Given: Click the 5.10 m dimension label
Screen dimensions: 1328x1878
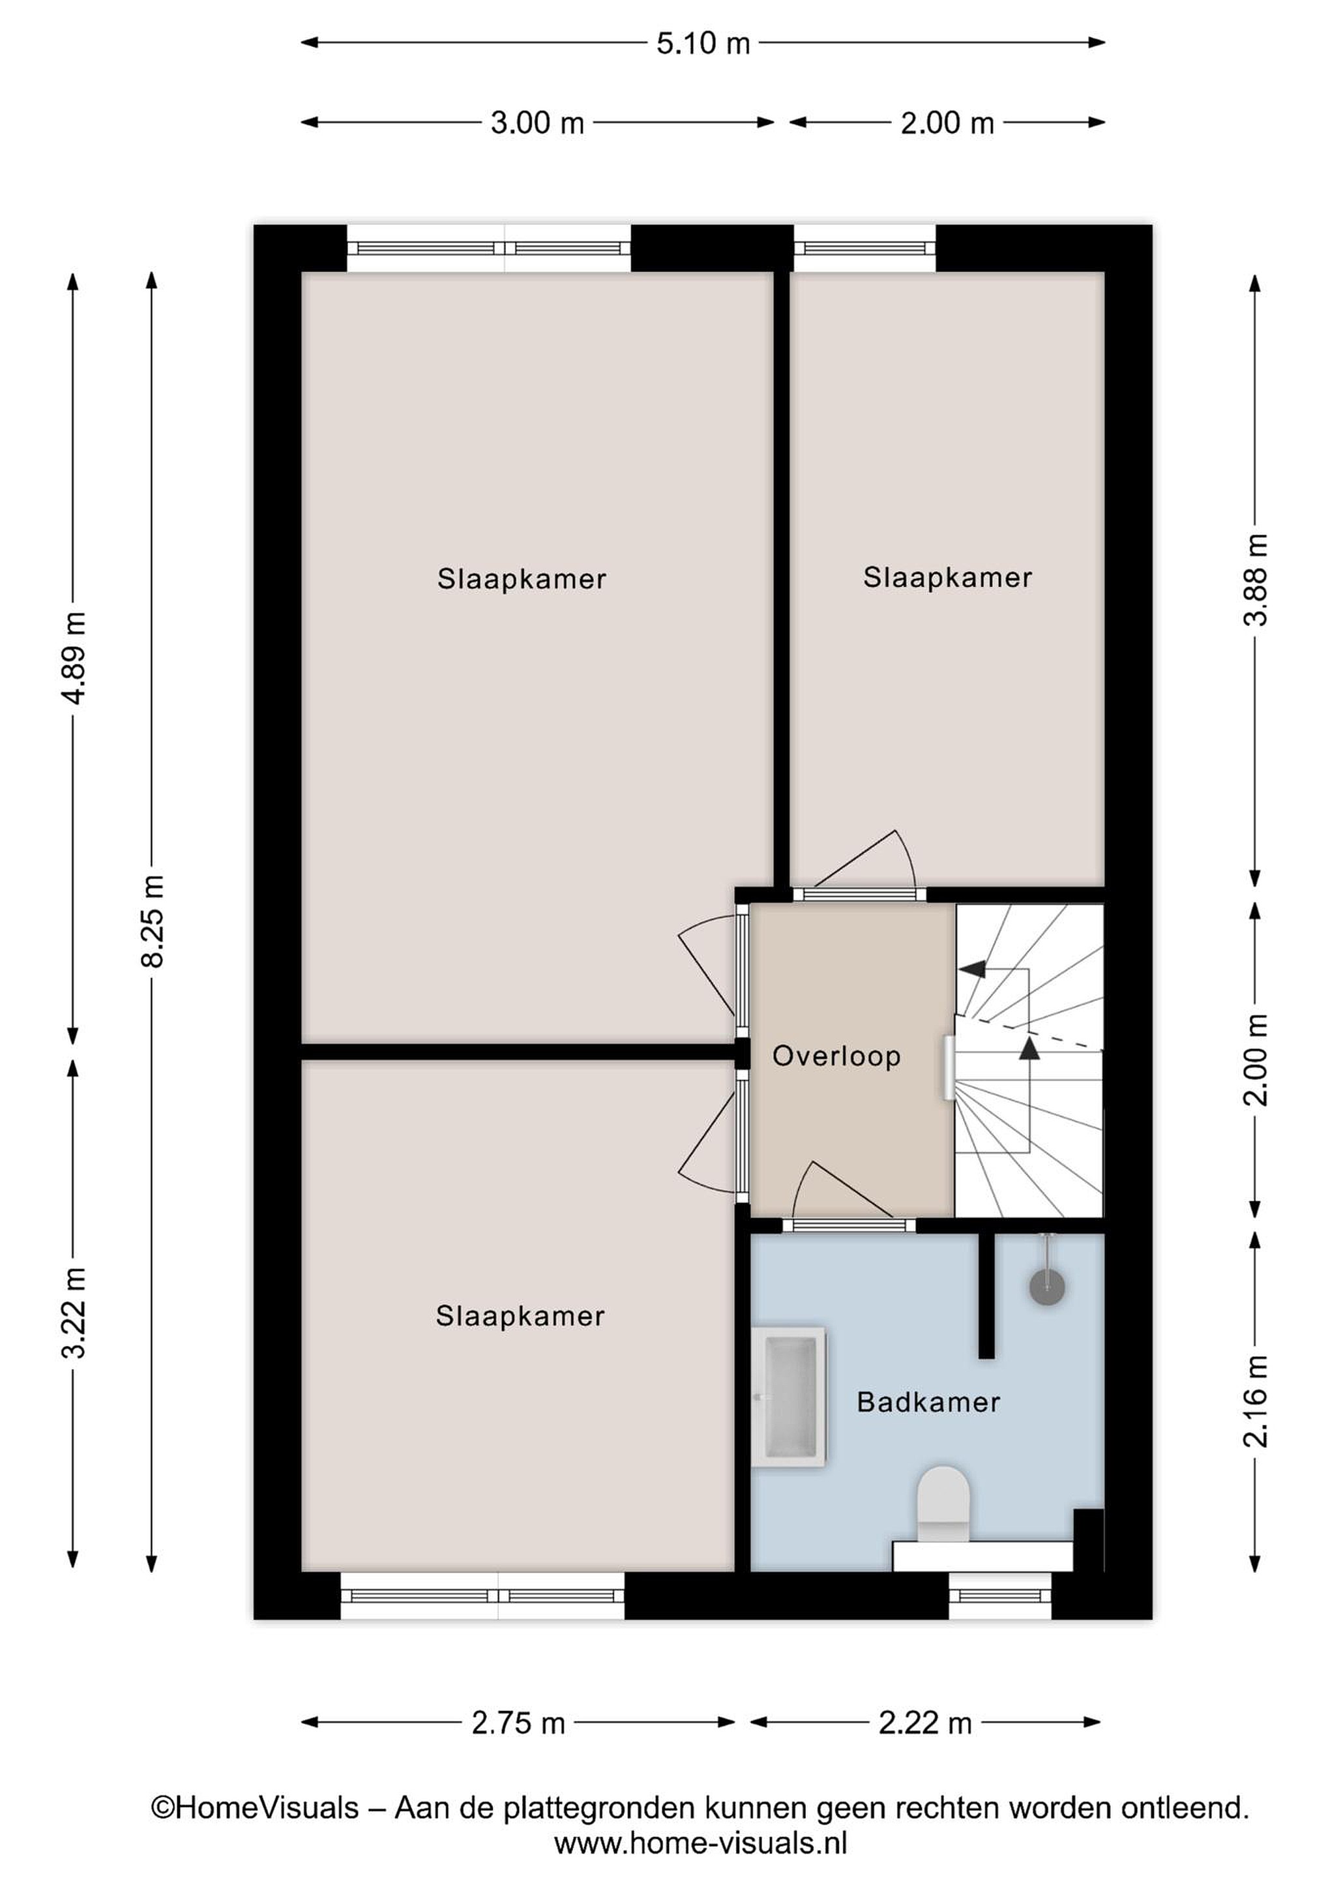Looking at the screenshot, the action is pos(702,42).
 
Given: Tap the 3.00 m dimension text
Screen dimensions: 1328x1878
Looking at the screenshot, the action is pos(537,123).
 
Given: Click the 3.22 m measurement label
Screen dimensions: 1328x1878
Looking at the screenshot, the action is pos(74,1313).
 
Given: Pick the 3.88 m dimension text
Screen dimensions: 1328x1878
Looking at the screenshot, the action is pos(1255,579).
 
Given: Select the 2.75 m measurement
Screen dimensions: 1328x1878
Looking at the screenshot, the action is pos(518,1723).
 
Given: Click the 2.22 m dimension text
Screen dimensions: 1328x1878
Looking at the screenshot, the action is pos(925,1723).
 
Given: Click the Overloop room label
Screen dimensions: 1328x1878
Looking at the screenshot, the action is pos(836,1056).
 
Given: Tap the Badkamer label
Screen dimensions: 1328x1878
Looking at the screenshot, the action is pos(928,1402).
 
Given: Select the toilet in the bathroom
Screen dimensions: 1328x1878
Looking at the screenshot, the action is pos(943,1504).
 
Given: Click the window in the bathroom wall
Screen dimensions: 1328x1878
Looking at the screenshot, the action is pos(1000,1595).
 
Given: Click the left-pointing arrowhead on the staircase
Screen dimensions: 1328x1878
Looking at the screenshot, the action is pos(971,969).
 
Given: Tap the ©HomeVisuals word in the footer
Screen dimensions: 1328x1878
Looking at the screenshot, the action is pos(255,1807).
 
